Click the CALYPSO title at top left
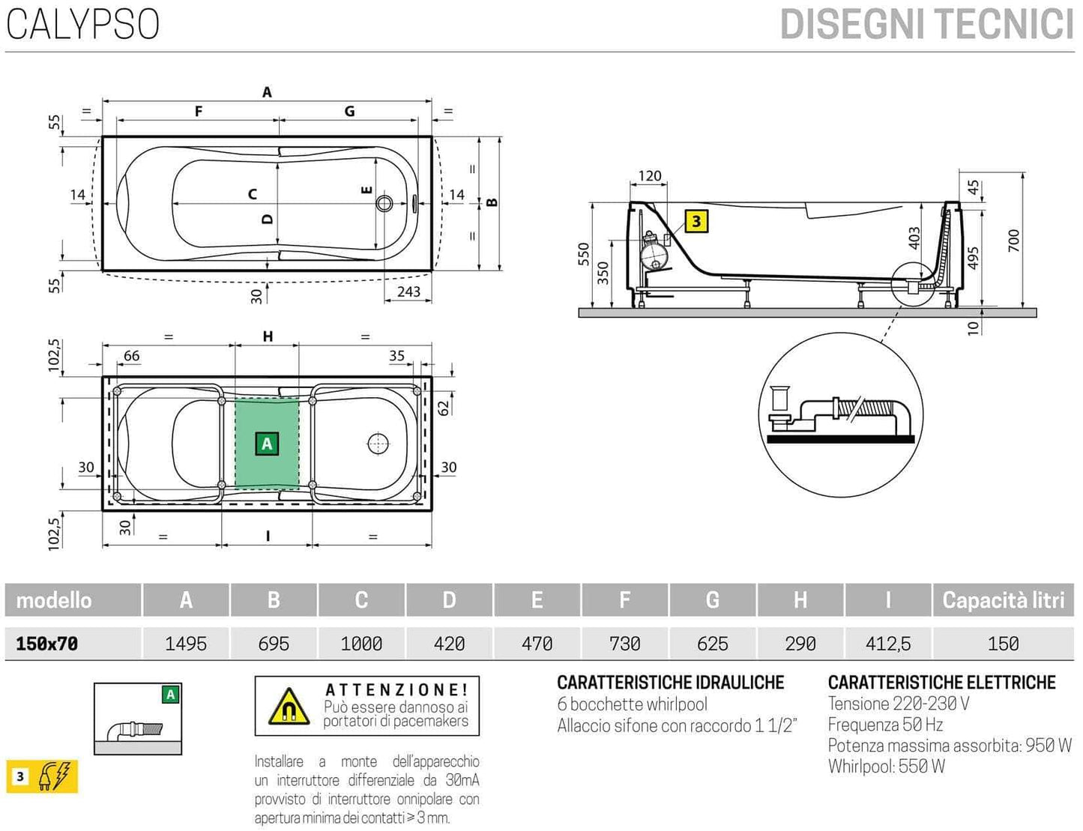pos(82,24)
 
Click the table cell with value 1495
pos(186,644)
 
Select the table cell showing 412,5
pos(888,644)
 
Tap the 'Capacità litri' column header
pos(1003,600)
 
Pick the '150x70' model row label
pos(47,644)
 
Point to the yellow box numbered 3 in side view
pos(696,221)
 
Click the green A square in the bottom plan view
pos(267,444)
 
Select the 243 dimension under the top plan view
pos(408,291)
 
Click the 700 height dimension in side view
pos(1014,240)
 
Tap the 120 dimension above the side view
pos(649,176)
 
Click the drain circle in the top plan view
pos(385,203)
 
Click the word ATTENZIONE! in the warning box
pos(396,690)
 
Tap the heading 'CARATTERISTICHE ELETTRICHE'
pos(941,683)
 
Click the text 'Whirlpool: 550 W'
pos(886,767)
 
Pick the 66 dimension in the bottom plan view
pos(131,356)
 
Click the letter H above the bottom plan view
pos(268,337)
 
